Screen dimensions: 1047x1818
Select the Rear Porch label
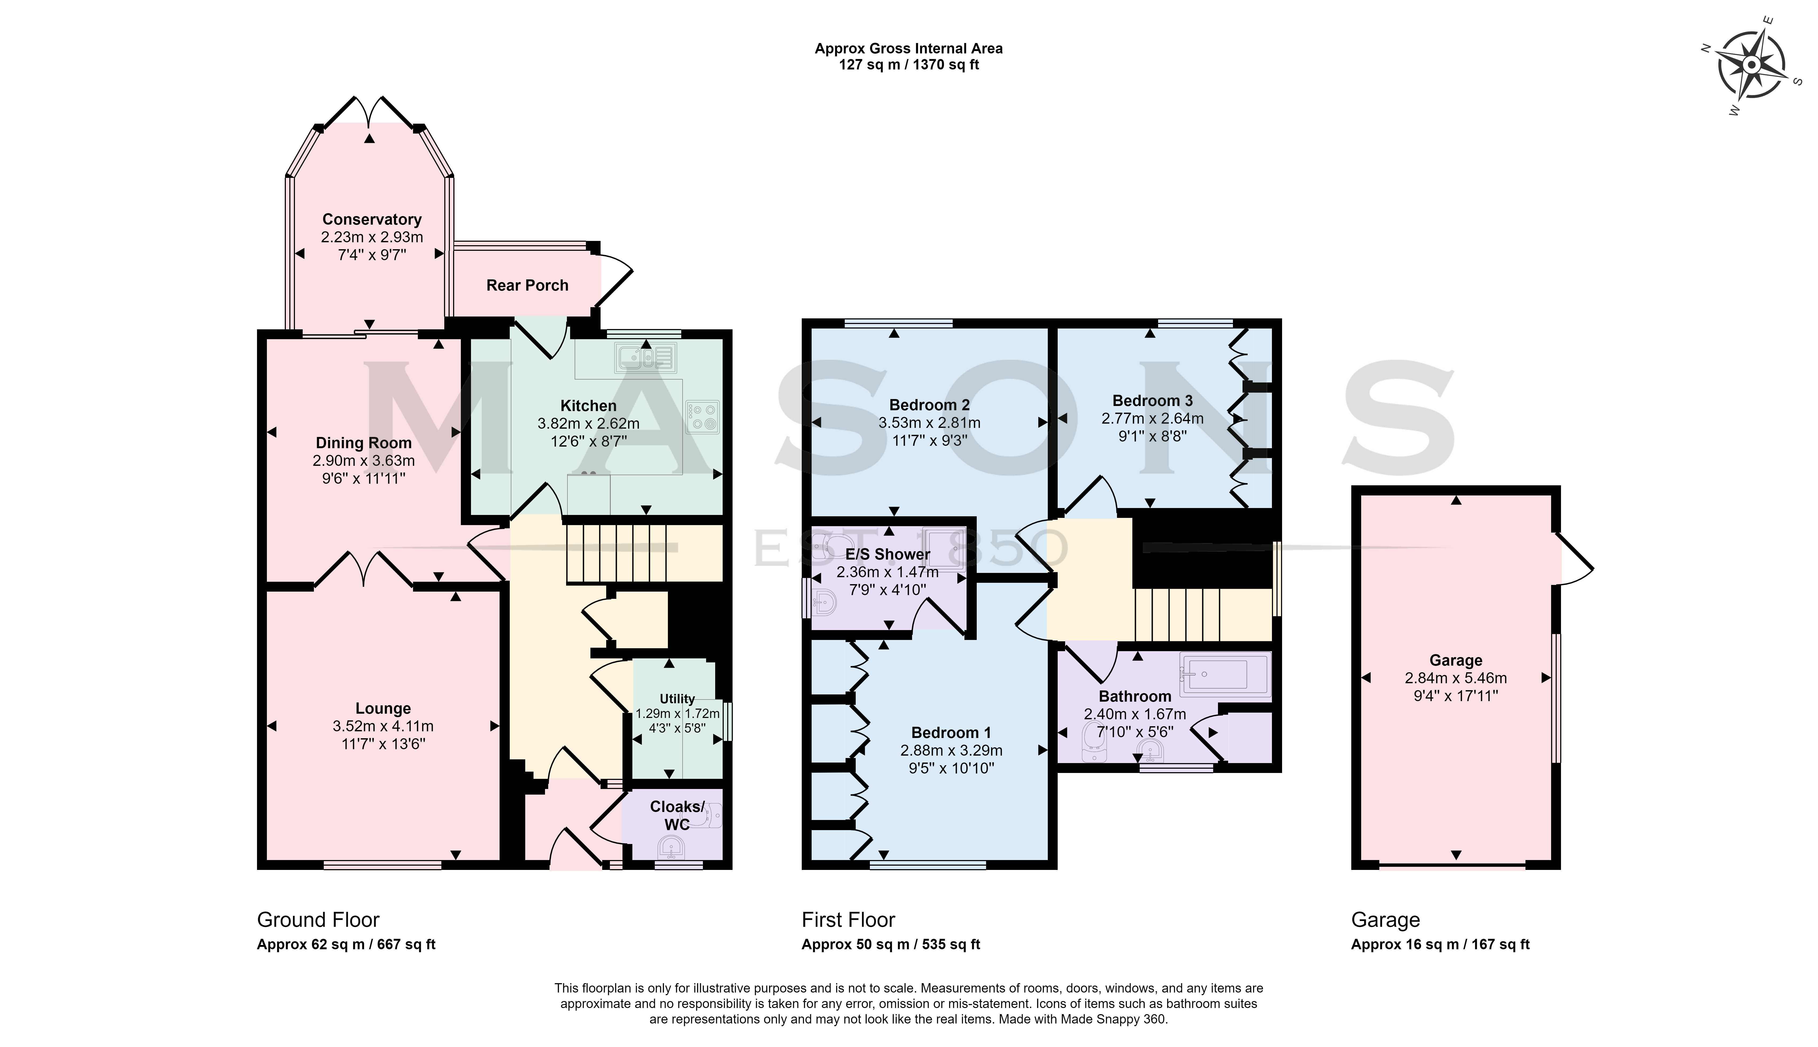pyautogui.click(x=527, y=286)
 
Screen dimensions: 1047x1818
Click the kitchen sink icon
pyautogui.click(x=645, y=357)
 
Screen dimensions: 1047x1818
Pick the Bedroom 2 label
pyautogui.click(x=929, y=405)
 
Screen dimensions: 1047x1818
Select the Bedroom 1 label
pyautogui.click(x=951, y=733)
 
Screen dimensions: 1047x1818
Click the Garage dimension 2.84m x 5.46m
pyautogui.click(x=1455, y=678)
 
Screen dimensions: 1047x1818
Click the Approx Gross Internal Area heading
pyautogui.click(x=908, y=49)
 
